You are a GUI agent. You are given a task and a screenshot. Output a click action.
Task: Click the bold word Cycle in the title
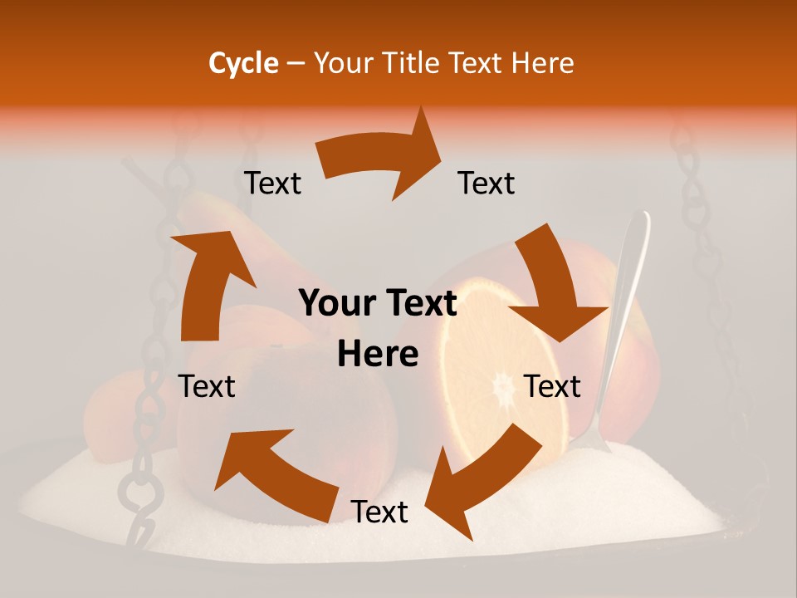243,63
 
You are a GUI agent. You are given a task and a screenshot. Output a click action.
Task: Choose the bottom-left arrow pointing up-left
270,473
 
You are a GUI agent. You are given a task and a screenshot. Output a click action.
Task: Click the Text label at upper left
272,183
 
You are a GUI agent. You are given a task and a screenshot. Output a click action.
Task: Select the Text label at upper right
487,183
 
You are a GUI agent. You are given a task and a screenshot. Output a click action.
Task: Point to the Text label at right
552,386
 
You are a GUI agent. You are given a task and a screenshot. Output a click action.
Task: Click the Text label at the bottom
379,512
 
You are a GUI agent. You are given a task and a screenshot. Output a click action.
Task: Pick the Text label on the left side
207,386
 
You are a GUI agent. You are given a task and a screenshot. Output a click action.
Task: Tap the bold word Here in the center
378,354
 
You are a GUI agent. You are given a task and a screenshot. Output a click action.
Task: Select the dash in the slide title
296,64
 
